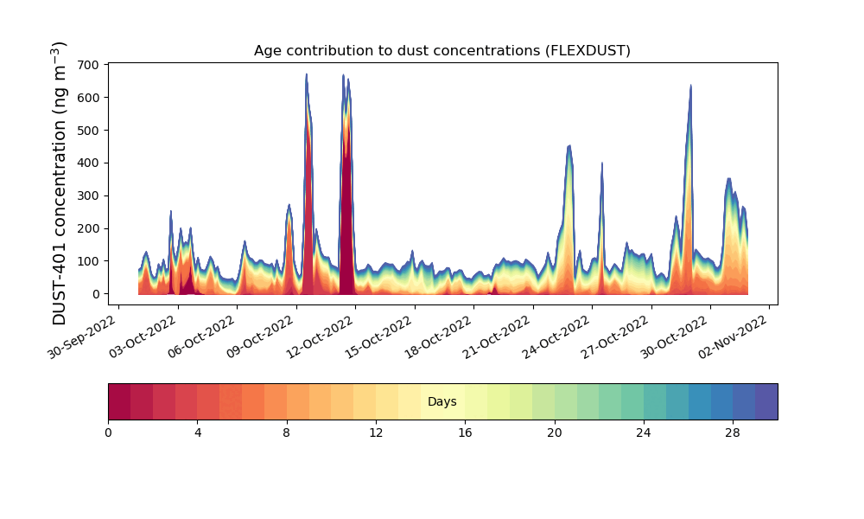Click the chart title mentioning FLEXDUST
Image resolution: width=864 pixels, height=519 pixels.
pyautogui.click(x=442, y=51)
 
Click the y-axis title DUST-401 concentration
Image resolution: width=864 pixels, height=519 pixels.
pyautogui.click(x=59, y=183)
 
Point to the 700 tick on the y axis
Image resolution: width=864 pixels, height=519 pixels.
pyautogui.click(x=88, y=65)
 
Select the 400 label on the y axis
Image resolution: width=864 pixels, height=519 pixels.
pyautogui.click(x=88, y=163)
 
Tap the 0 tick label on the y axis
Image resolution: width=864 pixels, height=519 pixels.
pyautogui.click(x=96, y=294)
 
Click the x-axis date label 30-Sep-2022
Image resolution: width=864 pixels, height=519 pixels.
pyautogui.click(x=81, y=337)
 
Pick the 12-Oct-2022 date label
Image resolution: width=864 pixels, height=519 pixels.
pyautogui.click(x=319, y=337)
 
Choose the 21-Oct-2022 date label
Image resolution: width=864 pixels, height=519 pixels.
pyautogui.click(x=497, y=337)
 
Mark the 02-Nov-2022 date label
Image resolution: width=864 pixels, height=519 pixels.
pyautogui.click(x=734, y=337)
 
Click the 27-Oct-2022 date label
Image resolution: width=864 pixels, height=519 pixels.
pyautogui.click(x=615, y=337)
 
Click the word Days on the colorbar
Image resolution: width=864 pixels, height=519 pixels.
pyautogui.click(x=442, y=402)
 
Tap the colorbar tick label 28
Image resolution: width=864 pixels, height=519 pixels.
pyautogui.click(x=733, y=433)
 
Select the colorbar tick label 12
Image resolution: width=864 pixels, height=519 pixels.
pyautogui.click(x=376, y=433)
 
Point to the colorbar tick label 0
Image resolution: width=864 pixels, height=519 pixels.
pyautogui.click(x=109, y=433)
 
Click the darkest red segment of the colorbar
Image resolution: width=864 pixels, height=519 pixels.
pyautogui.click(x=119, y=401)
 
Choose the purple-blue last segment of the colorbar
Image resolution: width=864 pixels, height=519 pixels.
pyautogui.click(x=766, y=401)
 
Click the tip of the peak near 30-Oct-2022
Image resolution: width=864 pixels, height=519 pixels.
pyautogui.click(x=690, y=86)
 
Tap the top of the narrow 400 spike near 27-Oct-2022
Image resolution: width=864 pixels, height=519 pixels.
pyautogui.click(x=601, y=163)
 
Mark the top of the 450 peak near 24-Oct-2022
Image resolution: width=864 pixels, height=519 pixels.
pyautogui.click(x=569, y=145)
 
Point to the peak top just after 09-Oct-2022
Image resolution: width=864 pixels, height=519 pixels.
pyautogui.click(x=289, y=205)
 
